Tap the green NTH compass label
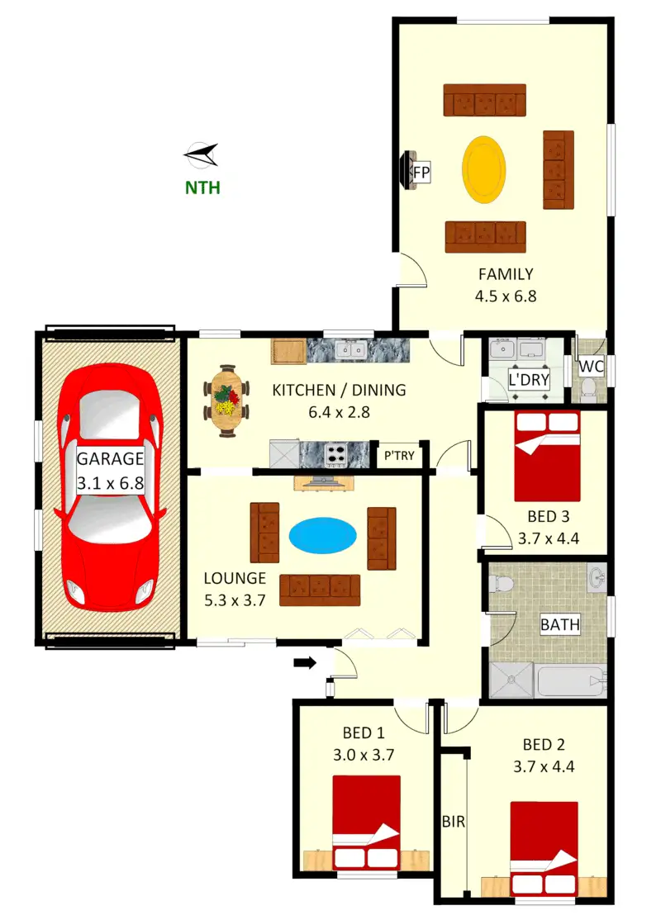pos(202,187)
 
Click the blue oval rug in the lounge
pos(323,534)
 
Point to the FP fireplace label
pos(421,173)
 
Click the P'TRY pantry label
pos(400,455)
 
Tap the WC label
pos(591,366)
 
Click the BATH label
pos(559,624)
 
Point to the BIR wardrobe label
pos(452,823)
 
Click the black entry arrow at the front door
pos(305,662)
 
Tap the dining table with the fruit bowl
pos(227,401)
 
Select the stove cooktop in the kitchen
pos(337,453)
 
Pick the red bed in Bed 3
pos(547,456)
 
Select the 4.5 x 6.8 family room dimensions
pos(505,296)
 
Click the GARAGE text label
pos(110,459)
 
